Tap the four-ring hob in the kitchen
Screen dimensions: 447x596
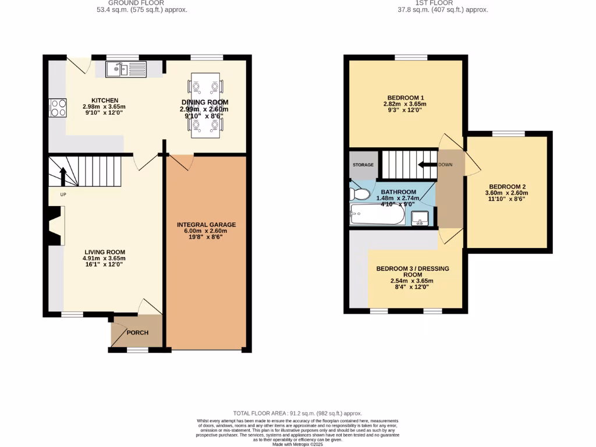58,108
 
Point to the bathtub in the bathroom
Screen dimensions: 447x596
377,214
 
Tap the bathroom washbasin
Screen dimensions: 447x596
420,218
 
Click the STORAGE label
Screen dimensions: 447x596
363,165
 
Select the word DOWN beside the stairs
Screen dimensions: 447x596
445,165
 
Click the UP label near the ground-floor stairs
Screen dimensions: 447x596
62,194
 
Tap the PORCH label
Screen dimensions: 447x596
137,333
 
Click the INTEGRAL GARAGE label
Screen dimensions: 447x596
207,225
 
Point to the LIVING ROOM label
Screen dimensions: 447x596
104,252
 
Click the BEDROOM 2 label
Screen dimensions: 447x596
506,187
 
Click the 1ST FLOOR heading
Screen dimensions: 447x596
434,3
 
